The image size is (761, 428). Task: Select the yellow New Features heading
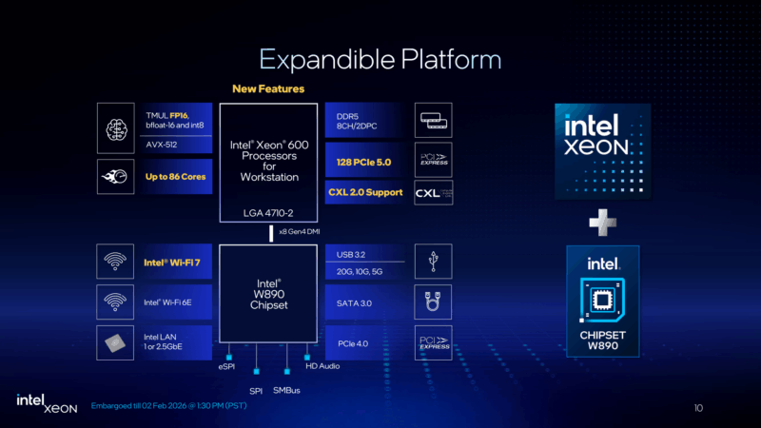click(x=268, y=89)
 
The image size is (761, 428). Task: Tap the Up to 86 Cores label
click(x=175, y=177)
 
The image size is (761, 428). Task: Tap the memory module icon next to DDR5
click(x=434, y=122)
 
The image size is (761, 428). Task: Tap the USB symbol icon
click(x=434, y=261)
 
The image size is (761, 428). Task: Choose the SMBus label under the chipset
click(x=286, y=390)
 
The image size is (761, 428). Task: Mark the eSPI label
click(x=226, y=366)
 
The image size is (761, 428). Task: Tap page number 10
click(x=698, y=408)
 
